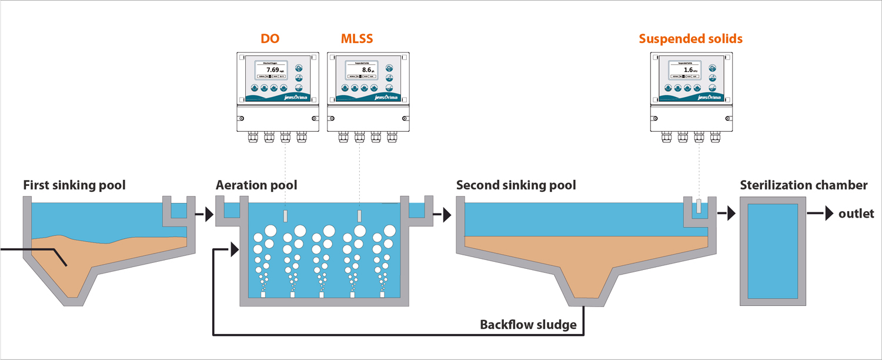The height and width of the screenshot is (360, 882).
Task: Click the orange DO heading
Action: coord(270,39)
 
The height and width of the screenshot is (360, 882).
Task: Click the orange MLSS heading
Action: coord(357,39)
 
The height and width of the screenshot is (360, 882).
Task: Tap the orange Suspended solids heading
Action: coord(691,39)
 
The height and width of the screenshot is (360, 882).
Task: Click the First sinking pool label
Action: coord(74,186)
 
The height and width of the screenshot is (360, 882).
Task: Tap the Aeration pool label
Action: coord(256,186)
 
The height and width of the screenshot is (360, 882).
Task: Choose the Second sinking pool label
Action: coord(516,186)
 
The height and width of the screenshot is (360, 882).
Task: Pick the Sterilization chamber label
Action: coord(803,186)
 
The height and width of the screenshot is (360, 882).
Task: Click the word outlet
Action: coord(856,214)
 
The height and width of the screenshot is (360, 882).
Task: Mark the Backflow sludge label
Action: coord(528,325)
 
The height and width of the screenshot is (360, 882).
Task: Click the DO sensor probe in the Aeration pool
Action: coord(285,216)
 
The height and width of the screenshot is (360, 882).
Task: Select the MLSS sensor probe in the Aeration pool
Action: coord(359,216)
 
